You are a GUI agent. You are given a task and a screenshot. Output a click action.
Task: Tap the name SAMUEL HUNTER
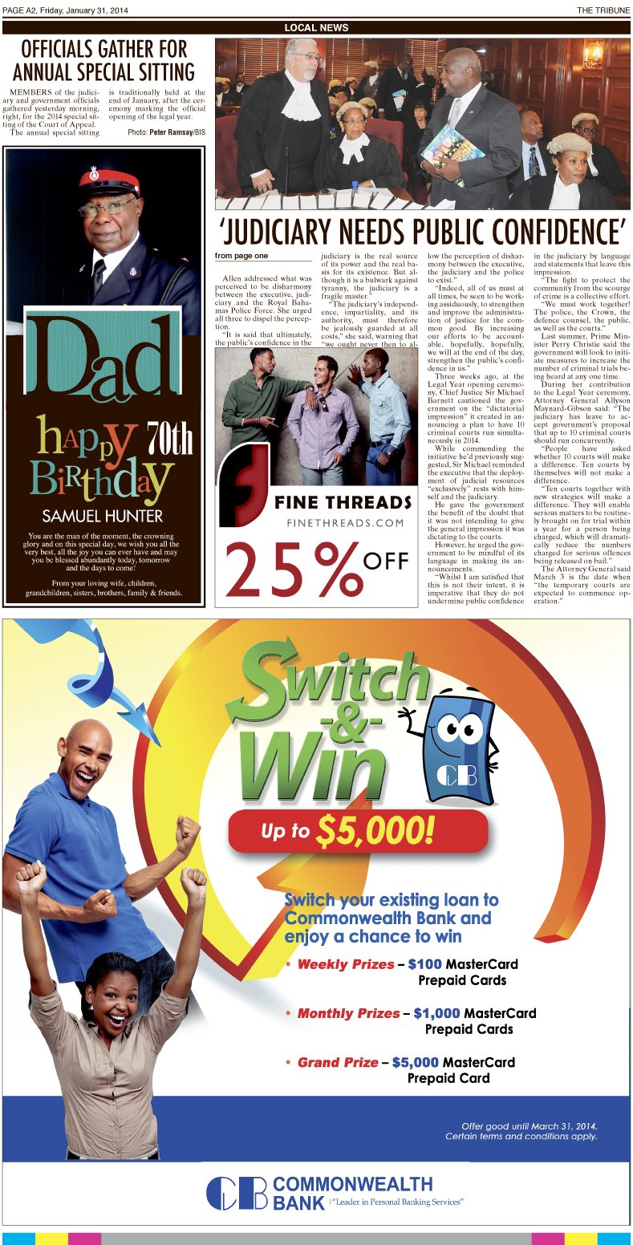(x=102, y=515)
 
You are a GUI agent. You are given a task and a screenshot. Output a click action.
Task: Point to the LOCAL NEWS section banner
(x=316, y=28)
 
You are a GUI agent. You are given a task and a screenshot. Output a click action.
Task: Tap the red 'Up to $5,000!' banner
(x=358, y=830)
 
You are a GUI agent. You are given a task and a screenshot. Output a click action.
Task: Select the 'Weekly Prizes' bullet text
(x=345, y=964)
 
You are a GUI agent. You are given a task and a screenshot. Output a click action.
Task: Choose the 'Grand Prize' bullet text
(x=337, y=1062)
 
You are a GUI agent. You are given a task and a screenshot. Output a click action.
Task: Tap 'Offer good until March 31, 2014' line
(x=530, y=1125)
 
